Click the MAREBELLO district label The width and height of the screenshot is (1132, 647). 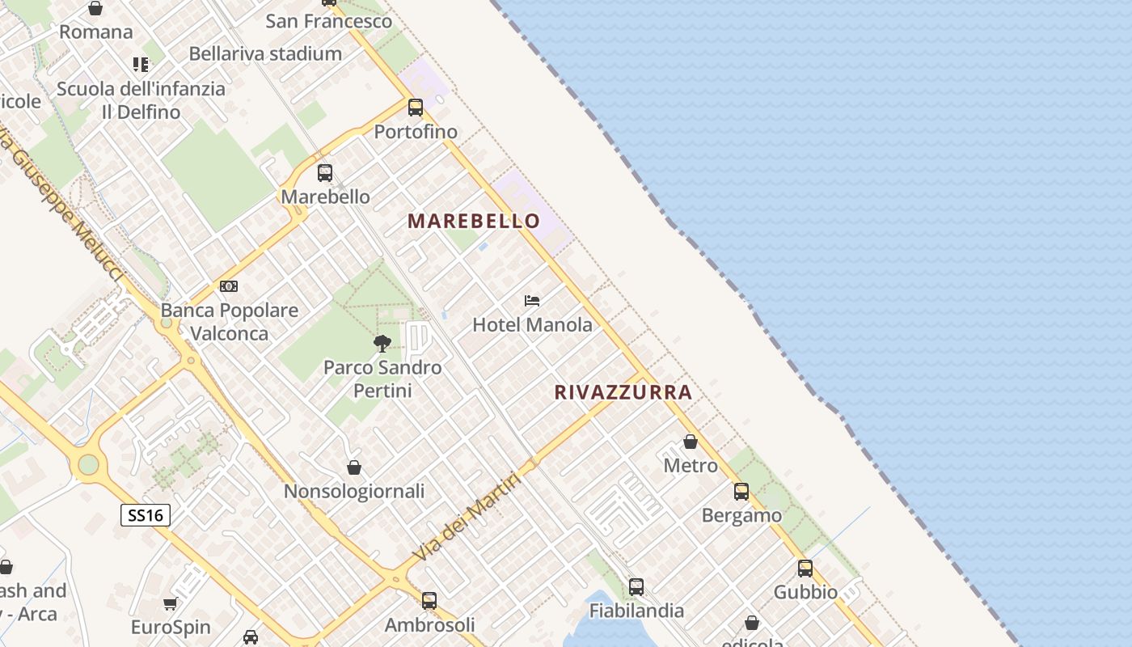point(474,221)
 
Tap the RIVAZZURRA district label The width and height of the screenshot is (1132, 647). point(623,392)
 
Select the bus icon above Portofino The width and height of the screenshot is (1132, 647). point(416,107)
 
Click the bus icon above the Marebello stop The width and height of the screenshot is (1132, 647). point(325,172)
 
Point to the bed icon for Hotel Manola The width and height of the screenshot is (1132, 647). point(531,301)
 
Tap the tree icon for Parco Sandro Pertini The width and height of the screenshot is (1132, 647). point(382,344)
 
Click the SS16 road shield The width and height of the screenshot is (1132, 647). point(146,515)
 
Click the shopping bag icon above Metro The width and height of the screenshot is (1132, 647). point(691,442)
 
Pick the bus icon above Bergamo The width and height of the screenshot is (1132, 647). point(741,491)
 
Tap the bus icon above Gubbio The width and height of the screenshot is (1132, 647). point(805,568)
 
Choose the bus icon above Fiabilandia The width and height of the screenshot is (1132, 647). point(636,586)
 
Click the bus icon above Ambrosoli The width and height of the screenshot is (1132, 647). point(429,600)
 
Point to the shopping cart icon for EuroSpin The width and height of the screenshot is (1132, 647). point(170,603)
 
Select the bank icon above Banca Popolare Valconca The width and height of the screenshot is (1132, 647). point(229,286)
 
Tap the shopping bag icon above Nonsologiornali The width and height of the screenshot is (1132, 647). point(354,467)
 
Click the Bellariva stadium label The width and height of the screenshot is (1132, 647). point(265,53)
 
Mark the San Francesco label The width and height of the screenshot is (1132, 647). point(329,21)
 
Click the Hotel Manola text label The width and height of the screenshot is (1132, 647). point(532,325)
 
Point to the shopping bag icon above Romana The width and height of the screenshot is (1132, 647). point(95,9)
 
